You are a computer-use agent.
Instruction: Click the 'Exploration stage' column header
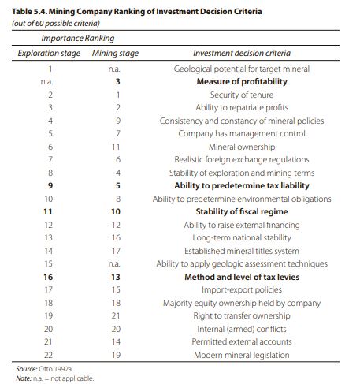49,53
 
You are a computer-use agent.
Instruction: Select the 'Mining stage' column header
115,53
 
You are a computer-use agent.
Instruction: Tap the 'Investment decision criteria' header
242,53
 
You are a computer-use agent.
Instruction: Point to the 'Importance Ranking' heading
78,38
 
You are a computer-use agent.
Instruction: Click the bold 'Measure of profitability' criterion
242,81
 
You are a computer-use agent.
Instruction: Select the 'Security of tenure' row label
242,95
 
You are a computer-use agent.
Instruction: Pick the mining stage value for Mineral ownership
116,147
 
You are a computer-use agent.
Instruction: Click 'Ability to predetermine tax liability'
242,185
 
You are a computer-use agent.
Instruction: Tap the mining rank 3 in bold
118,81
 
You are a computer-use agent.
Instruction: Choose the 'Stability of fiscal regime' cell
242,211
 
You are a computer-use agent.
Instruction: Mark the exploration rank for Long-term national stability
49,237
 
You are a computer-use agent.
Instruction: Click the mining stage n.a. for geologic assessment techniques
114,263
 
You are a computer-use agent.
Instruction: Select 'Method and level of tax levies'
242,277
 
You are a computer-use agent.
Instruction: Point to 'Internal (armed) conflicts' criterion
242,329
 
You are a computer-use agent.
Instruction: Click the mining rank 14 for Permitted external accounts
116,341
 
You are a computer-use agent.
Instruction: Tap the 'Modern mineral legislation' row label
242,355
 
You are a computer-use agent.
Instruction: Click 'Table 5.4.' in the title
29,12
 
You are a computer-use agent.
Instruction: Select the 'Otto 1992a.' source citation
55,369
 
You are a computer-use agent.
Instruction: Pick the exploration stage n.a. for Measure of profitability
46,82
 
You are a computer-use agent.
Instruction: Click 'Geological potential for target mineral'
242,69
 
